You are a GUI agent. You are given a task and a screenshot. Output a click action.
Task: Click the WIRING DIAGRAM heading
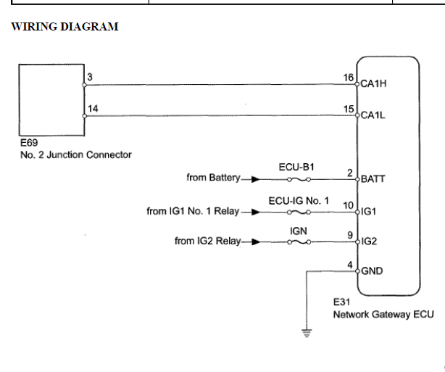pyautogui.click(x=65, y=27)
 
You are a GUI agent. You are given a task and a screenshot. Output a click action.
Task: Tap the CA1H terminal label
pyautogui.click(x=373, y=84)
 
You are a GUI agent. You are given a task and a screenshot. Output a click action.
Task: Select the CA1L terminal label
pyautogui.click(x=373, y=115)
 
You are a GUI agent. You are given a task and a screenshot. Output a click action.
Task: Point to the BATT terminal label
pyautogui.click(x=373, y=179)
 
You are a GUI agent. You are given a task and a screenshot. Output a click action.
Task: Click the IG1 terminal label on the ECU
pyautogui.click(x=368, y=212)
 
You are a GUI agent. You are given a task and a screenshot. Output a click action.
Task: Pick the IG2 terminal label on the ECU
pyautogui.click(x=369, y=241)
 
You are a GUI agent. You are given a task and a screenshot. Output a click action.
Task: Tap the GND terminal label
pyautogui.click(x=372, y=271)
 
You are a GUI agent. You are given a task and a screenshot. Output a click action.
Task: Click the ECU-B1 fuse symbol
pyautogui.click(x=299, y=179)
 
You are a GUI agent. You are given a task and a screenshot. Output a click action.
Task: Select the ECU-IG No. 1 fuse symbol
pyautogui.click(x=299, y=212)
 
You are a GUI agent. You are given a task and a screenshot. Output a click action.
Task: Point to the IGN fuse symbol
pyautogui.click(x=299, y=242)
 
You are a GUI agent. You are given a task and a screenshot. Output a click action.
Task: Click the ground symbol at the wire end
pyautogui.click(x=307, y=333)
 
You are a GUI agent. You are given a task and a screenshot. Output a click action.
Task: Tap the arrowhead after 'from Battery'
pyautogui.click(x=256, y=179)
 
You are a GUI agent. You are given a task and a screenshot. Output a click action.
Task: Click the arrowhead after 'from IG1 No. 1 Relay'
pyautogui.click(x=256, y=212)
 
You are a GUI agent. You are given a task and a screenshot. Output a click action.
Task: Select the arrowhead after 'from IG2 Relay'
pyautogui.click(x=256, y=241)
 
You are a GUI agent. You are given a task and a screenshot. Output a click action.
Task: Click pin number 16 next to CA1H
pyautogui.click(x=349, y=78)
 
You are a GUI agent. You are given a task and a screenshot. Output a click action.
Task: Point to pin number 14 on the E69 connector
pyautogui.click(x=93, y=109)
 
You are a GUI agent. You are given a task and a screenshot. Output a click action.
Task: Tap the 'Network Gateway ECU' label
pyautogui.click(x=383, y=315)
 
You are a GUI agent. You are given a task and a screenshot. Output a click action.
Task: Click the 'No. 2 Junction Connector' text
pyautogui.click(x=76, y=154)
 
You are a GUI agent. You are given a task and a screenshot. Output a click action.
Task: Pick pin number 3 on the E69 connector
pyautogui.click(x=90, y=77)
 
